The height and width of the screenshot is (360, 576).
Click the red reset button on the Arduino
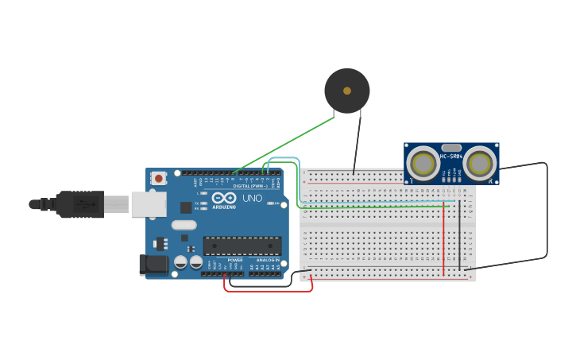158,179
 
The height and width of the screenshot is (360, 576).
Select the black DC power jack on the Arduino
154,265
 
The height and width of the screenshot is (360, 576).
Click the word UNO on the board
252,198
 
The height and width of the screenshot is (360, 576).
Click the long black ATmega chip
242,246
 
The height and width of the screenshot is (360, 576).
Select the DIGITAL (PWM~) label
249,186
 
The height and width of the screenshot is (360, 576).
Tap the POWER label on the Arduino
235,260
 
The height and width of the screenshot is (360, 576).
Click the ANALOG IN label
267,260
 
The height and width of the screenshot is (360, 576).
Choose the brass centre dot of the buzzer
347,91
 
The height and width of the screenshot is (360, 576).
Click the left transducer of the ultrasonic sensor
423,164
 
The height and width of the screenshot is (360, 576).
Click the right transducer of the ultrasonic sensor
479,164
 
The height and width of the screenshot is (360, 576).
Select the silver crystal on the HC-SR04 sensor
450,148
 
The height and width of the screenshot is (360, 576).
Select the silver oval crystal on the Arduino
184,224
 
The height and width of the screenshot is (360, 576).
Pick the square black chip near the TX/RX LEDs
186,207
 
